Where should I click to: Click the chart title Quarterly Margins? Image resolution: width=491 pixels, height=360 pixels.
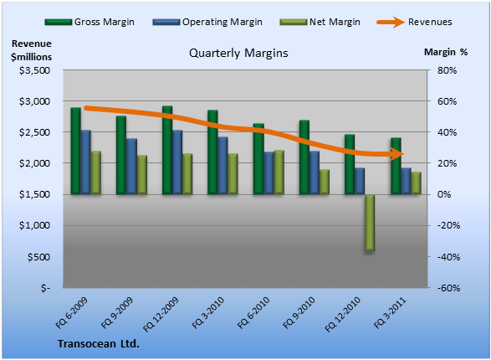(238, 54)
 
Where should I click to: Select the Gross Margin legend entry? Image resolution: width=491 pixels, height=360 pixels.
(90, 22)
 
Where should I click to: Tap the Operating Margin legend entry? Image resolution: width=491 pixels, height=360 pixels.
(207, 22)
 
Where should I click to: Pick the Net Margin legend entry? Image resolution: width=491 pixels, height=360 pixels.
(320, 22)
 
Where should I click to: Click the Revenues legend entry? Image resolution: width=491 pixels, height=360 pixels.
(414, 22)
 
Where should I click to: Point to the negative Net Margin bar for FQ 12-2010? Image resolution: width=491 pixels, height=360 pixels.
(370, 223)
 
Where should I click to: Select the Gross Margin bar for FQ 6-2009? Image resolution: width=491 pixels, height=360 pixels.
(76, 151)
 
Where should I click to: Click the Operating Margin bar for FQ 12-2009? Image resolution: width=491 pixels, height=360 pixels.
(177, 162)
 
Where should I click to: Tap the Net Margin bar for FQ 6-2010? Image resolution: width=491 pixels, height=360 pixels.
(279, 172)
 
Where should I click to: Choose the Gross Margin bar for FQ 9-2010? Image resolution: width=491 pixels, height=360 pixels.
(304, 157)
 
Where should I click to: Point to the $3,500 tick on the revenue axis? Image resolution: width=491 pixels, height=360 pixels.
(35, 70)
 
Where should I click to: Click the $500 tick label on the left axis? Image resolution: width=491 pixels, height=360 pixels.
(38, 257)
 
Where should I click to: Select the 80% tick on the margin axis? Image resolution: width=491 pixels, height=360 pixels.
(448, 70)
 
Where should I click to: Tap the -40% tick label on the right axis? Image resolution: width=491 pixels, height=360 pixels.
(448, 257)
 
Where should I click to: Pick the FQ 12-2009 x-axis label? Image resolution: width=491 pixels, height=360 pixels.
(161, 314)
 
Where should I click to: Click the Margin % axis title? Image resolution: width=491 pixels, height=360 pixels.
(446, 52)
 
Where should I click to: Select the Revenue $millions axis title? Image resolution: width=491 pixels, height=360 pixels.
(31, 50)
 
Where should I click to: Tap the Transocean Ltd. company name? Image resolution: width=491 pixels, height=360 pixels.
(99, 344)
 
